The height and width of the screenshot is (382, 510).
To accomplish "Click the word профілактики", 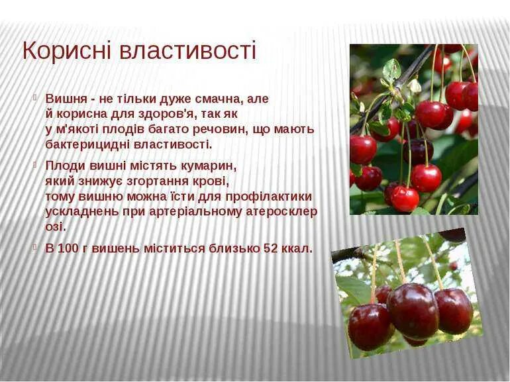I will click(x=268, y=196).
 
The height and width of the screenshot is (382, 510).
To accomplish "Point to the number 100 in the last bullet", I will click(x=68, y=249).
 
